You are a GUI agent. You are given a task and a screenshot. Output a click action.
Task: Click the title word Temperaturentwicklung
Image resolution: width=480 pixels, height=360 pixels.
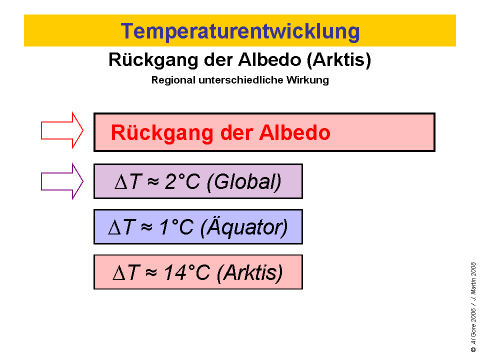(240, 31)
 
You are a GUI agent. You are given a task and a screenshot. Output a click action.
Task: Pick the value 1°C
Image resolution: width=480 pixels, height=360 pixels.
(176, 227)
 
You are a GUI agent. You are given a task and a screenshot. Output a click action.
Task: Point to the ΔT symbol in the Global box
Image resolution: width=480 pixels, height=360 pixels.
(129, 182)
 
